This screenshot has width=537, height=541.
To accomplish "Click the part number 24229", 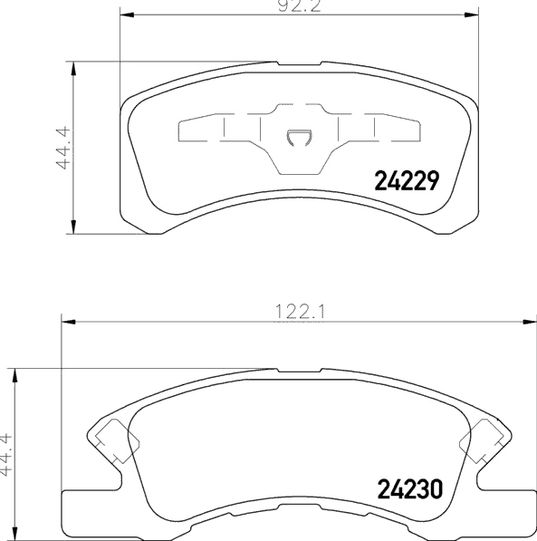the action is (407, 180).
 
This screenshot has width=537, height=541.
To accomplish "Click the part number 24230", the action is (409, 489).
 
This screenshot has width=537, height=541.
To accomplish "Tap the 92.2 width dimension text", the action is (300, 6).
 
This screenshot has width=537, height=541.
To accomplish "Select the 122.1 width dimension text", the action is (300, 312).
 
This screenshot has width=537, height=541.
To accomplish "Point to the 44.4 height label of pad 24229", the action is (63, 148).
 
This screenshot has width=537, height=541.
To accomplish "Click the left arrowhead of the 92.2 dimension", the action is (127, 14).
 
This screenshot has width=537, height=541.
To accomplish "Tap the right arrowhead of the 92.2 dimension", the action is (472, 14).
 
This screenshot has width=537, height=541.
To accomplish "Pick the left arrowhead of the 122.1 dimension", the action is (68, 322).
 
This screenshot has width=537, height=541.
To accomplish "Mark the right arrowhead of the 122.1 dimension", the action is (530, 322).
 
